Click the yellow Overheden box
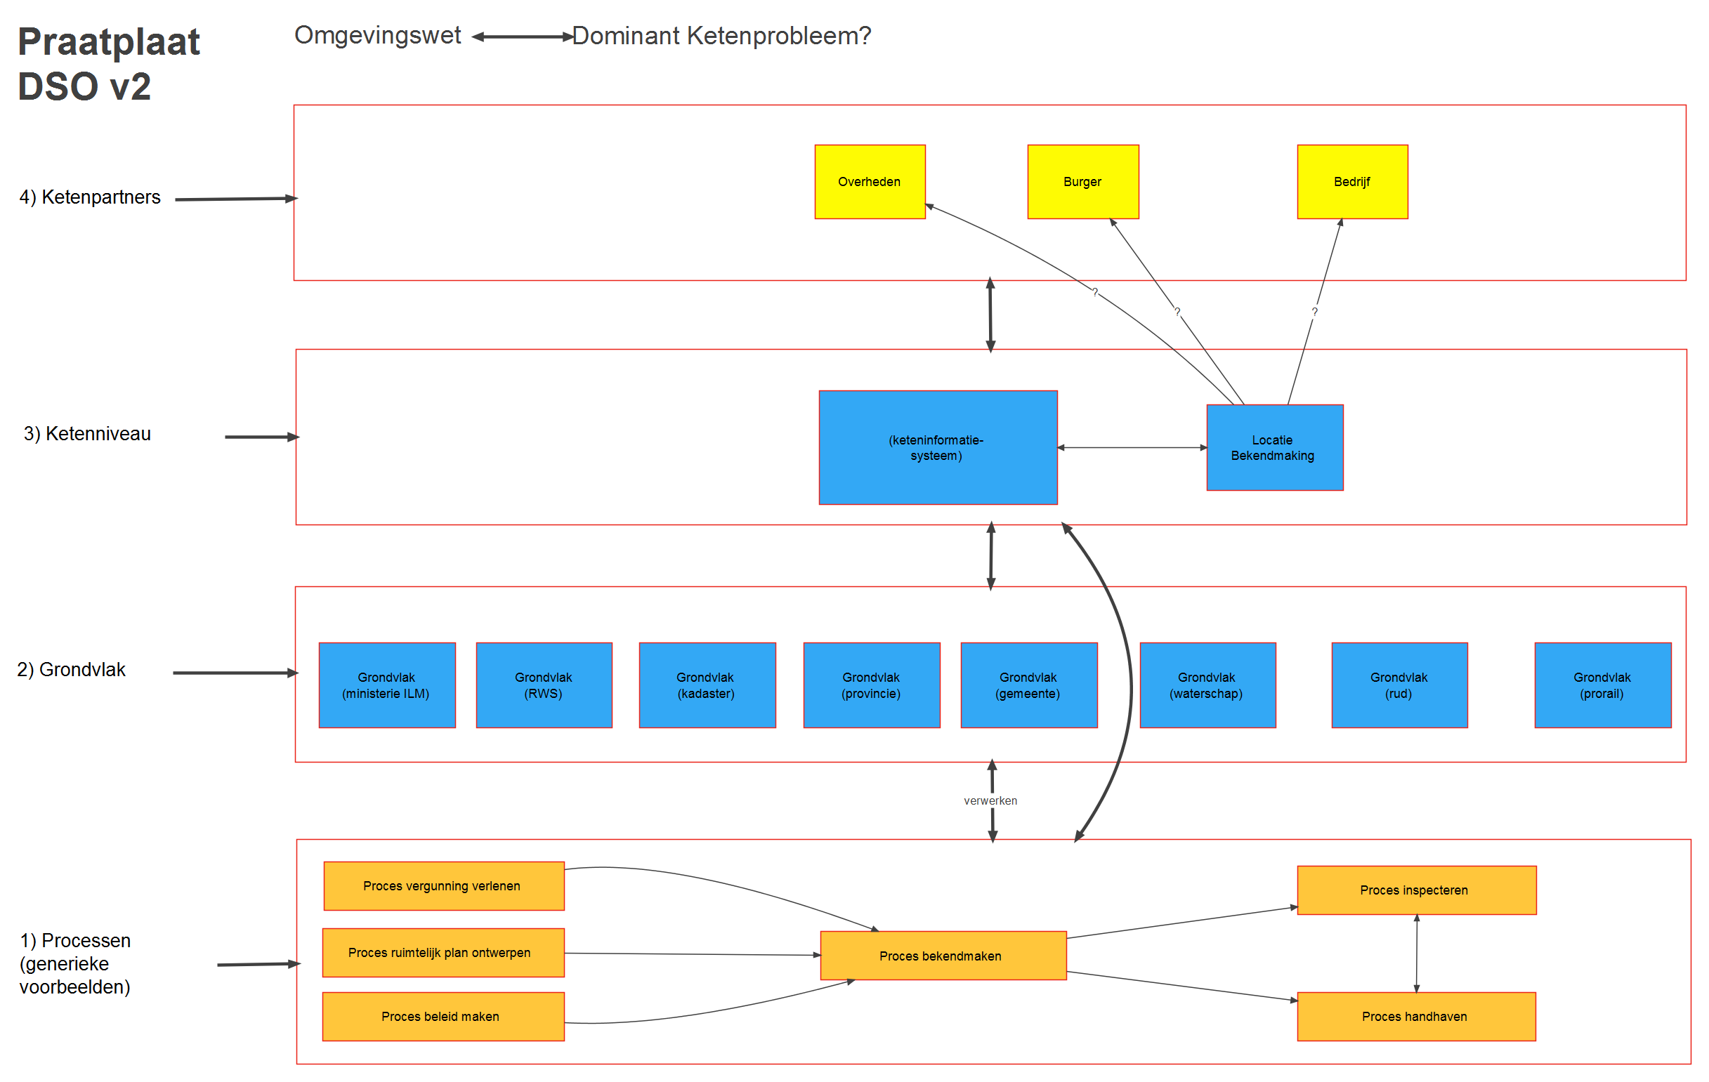870,182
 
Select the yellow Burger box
1082,182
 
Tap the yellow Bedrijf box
1352,182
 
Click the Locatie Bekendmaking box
1274,448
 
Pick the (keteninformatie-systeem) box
938,448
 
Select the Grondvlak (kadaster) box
707,685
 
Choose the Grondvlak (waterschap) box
1207,685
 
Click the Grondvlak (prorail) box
1602,685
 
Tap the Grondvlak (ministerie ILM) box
387,685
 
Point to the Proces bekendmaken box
943,956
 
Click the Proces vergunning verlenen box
443,886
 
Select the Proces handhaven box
1416,1017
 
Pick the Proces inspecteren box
1416,890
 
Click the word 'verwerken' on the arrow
990,801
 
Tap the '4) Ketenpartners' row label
90,197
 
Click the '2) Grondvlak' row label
71,670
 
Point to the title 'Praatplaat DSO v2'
108,64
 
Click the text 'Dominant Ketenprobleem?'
721,36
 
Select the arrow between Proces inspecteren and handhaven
1417,954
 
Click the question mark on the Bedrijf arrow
1314,312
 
